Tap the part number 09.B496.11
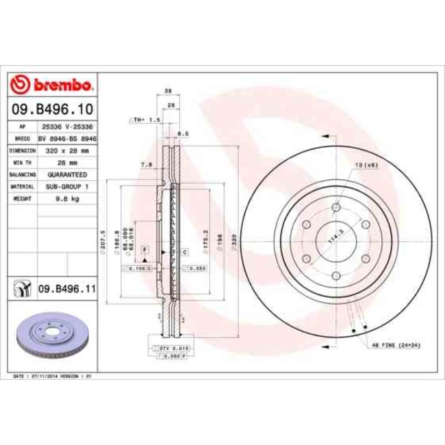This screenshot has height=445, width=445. tap(66, 290)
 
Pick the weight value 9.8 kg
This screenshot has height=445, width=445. tap(67, 199)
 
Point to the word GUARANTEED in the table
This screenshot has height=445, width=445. tap(67, 175)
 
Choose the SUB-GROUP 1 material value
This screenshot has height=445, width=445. tap(67, 186)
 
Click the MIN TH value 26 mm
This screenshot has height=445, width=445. tap(67, 162)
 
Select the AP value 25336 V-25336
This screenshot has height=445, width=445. tap(67, 127)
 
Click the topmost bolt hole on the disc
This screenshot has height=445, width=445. tap(335, 209)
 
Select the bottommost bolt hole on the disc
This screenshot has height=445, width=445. tap(335, 276)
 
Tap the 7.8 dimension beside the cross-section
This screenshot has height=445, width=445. tap(145, 164)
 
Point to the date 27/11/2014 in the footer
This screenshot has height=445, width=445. tap(49, 377)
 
